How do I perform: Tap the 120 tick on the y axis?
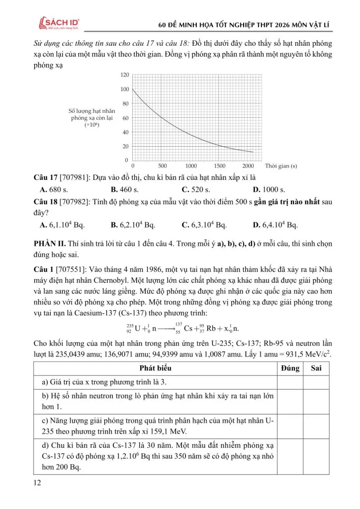(124, 75)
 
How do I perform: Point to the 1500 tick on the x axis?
(219, 166)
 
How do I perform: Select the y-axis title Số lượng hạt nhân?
(91, 111)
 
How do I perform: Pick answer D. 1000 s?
(269, 189)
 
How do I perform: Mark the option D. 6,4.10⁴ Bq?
(275, 225)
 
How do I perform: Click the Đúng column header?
(290, 368)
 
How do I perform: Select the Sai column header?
(316, 368)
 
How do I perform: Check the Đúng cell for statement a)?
(290, 382)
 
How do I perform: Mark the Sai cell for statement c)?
(316, 426)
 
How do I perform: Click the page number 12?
(37, 483)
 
